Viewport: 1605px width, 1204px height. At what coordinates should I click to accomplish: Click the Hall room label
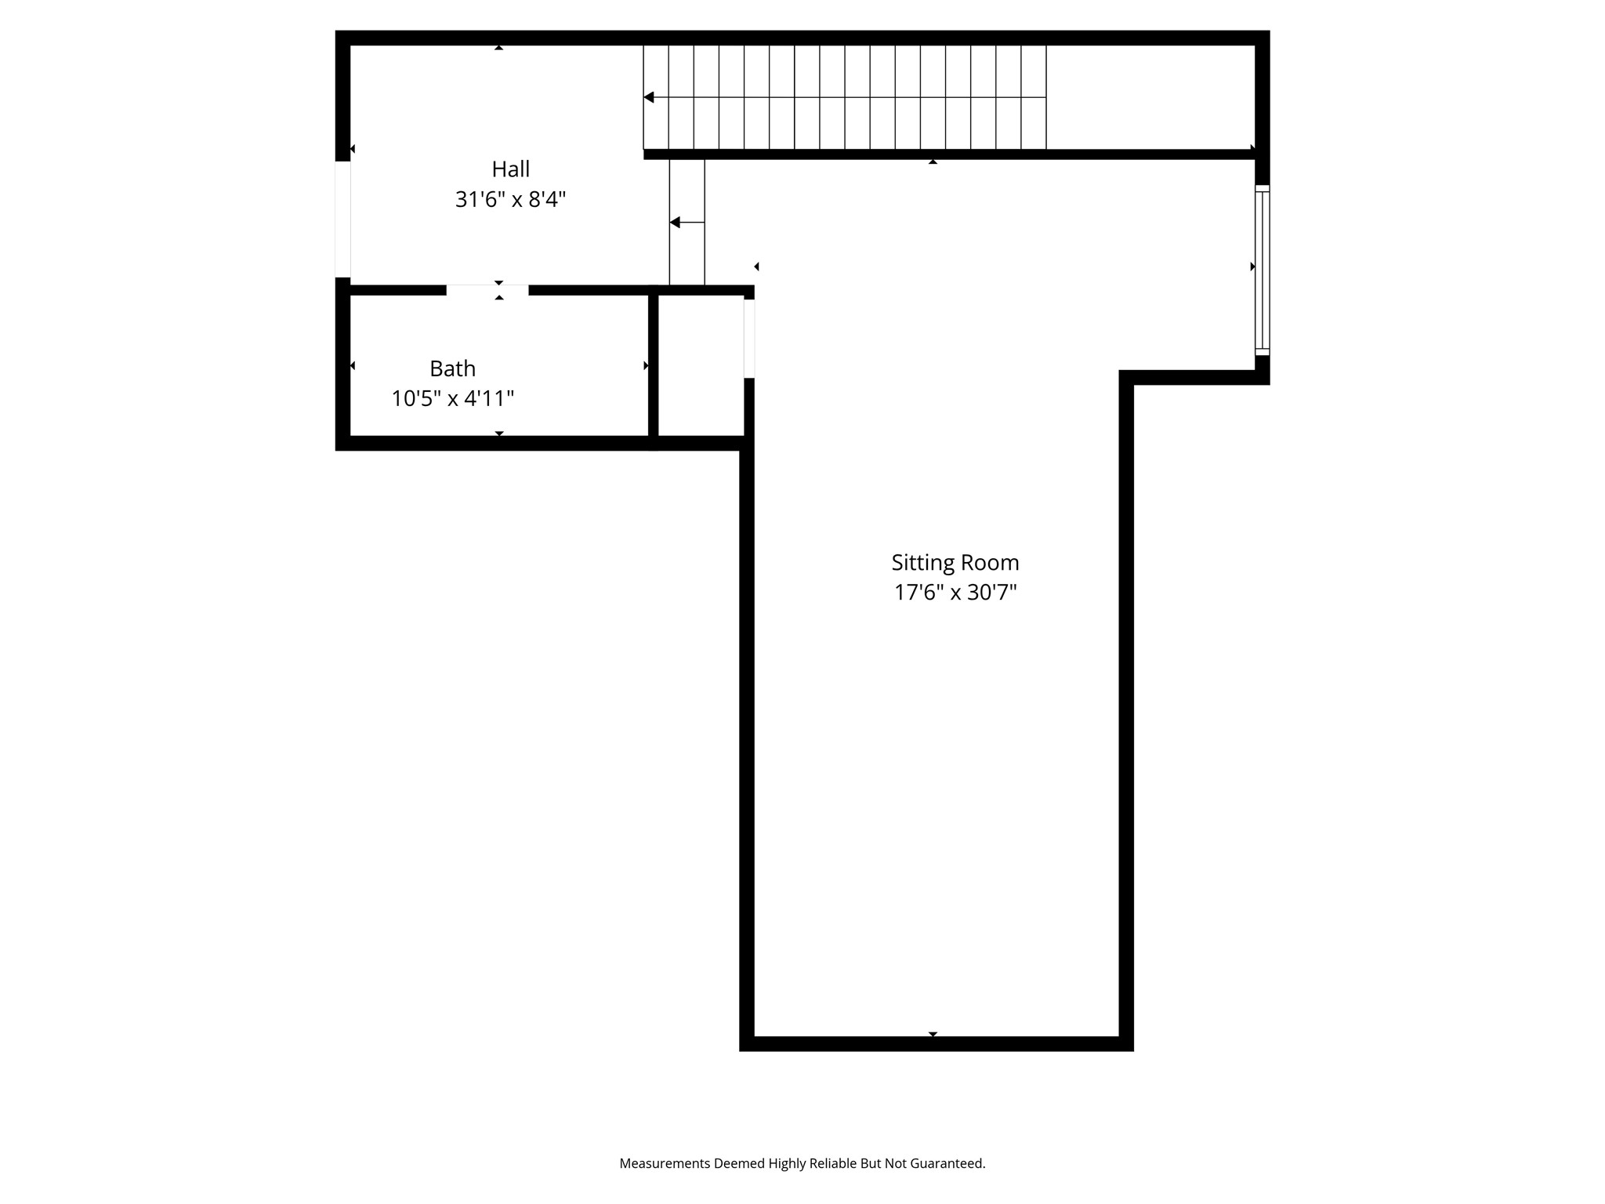(510, 169)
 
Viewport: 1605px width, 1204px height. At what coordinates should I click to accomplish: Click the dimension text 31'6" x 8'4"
(510, 200)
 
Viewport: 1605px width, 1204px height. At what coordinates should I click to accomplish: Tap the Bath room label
(452, 368)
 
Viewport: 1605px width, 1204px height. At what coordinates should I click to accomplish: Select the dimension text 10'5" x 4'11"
(452, 399)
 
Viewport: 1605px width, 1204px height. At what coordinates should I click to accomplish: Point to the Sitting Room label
(955, 563)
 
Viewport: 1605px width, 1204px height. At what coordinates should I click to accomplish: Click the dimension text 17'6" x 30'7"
(955, 593)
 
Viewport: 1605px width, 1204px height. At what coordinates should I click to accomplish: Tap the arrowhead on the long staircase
(649, 97)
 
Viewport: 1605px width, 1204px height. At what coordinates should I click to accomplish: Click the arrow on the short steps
(676, 223)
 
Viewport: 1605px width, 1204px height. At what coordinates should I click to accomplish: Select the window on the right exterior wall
(1262, 270)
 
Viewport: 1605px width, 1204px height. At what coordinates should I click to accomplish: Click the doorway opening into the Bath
(487, 290)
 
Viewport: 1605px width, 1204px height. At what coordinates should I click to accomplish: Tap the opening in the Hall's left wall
(342, 219)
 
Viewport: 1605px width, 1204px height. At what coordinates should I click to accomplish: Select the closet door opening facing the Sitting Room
(749, 339)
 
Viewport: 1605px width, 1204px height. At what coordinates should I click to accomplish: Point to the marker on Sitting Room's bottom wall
(933, 1035)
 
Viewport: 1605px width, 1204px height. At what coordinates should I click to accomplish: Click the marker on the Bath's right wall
(646, 365)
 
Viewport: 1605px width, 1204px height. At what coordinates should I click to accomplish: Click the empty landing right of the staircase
(1150, 97)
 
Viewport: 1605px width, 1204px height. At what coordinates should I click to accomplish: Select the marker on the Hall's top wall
(498, 48)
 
